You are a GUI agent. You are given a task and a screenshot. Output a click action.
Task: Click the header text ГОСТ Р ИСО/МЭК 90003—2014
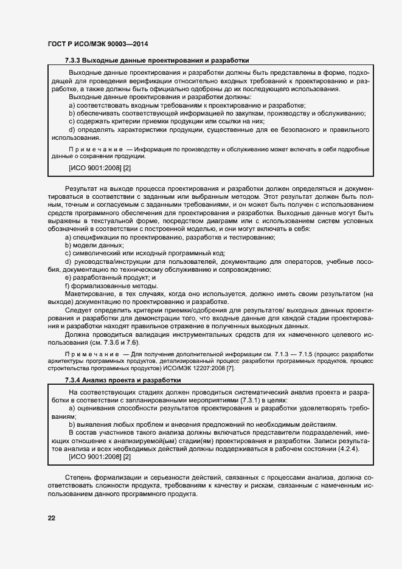[97, 44]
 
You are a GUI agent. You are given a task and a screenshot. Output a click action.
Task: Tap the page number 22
[52, 517]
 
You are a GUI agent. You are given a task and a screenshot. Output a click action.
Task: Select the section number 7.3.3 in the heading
[72, 61]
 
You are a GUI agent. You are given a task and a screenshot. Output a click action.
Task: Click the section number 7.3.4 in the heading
[72, 380]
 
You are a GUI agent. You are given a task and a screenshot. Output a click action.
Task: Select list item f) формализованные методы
[103, 285]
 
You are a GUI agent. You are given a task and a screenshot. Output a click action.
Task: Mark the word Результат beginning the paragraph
[82, 189]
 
